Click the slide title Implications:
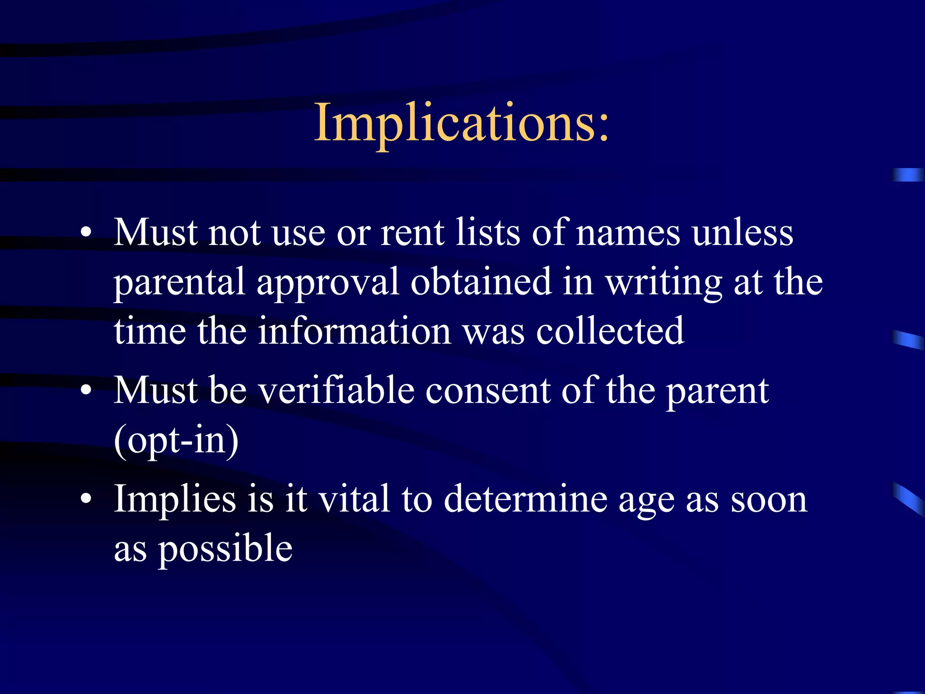click(462, 123)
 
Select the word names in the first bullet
click(628, 233)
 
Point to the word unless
click(743, 233)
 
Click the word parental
click(179, 283)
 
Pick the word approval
click(327, 283)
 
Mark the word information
click(355, 332)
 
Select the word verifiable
click(336, 391)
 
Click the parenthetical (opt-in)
click(176, 441)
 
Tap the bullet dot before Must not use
click(86, 233)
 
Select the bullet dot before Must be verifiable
click(86, 391)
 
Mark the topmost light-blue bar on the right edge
click(908, 174)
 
